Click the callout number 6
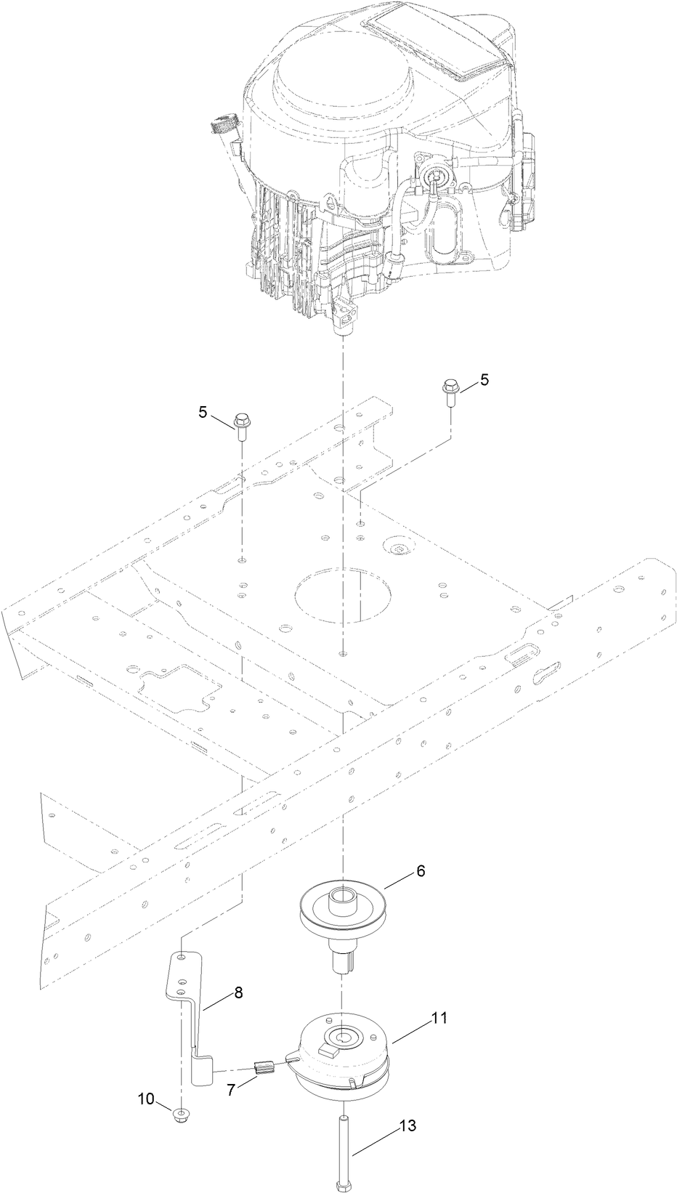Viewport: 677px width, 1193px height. [x=421, y=871]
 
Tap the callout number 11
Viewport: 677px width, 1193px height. [x=440, y=1003]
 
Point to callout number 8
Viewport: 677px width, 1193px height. [x=238, y=992]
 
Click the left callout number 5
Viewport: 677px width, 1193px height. [x=203, y=412]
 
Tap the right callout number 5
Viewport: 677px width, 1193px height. [x=484, y=380]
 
